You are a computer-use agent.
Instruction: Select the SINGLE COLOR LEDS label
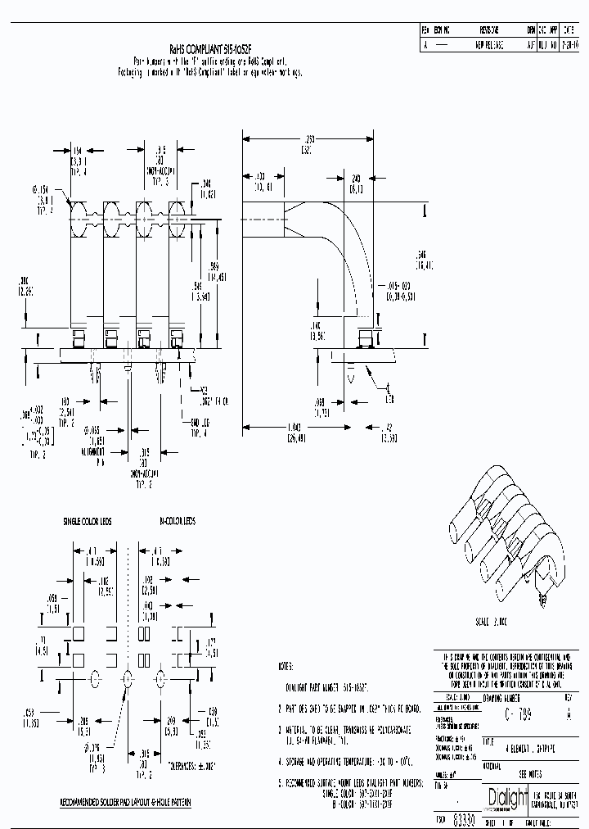click(88, 520)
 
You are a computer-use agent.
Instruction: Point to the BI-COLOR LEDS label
click(178, 520)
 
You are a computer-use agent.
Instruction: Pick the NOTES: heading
click(286, 667)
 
